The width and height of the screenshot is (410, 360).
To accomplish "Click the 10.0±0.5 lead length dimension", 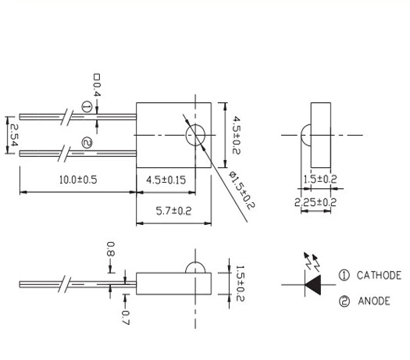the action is tap(78, 180).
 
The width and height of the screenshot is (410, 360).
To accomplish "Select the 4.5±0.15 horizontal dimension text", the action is tap(166, 180).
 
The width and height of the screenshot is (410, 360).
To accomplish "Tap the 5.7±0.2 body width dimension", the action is tap(174, 211).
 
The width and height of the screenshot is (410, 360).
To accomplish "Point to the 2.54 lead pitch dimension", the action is tap(13, 135).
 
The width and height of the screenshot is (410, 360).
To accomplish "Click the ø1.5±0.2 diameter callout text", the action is tap(241, 190).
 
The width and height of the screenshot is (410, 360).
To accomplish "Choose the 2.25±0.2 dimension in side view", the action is tap(316, 202).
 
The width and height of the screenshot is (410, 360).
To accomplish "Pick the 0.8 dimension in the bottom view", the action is tap(111, 249).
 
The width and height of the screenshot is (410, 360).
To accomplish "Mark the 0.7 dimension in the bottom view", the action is tap(126, 317).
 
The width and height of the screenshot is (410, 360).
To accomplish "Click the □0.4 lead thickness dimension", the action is tap(97, 85).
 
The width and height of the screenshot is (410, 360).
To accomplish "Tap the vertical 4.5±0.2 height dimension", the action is tap(237, 135).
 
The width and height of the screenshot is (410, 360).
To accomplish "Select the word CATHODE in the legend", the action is tap(379, 276).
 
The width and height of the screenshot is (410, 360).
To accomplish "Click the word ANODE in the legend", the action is tap(374, 301).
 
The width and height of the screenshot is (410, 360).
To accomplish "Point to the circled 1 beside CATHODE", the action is tap(344, 276).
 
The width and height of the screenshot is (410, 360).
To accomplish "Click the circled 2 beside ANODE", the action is tap(344, 301).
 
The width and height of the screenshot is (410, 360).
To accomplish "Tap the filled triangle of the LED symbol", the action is tap(312, 285).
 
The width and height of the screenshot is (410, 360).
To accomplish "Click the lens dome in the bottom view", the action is tap(195, 262).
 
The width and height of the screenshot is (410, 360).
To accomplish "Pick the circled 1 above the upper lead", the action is tap(87, 107).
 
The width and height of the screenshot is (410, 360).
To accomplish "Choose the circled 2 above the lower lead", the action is tap(87, 143).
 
